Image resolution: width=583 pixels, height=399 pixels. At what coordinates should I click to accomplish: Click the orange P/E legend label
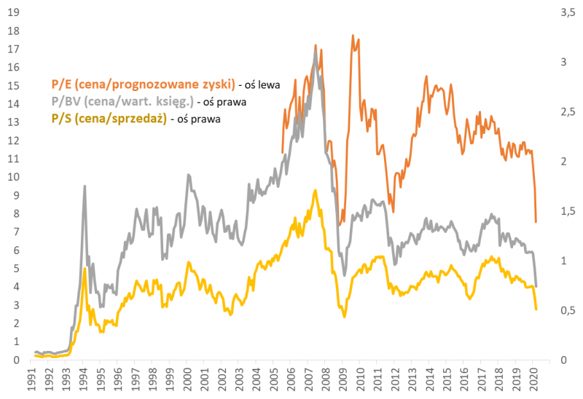coord(138,84)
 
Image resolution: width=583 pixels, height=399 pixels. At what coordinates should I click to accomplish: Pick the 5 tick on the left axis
coord(14,269)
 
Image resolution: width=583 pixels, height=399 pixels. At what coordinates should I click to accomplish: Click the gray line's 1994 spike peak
coord(85,186)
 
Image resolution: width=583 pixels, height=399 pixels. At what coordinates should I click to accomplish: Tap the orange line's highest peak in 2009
coord(353,35)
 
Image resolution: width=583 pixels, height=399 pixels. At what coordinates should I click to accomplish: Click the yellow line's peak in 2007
coord(315,191)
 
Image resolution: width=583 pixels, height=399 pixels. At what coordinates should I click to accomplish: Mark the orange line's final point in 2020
coord(536,222)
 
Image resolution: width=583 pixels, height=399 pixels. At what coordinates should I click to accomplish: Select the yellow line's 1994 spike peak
coord(85,269)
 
